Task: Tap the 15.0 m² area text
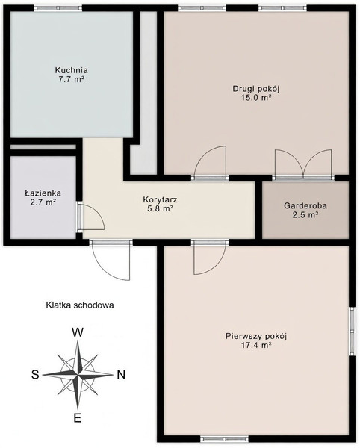256,98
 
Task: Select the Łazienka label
43,193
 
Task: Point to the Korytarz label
161,199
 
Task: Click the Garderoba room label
305,205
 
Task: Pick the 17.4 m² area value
256,345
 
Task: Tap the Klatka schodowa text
80,305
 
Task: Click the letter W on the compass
78,332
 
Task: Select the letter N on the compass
122,374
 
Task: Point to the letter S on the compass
35,374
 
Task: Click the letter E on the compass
78,418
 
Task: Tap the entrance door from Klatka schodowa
111,259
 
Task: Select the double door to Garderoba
303,165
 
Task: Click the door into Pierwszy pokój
210,257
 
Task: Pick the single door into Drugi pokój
211,163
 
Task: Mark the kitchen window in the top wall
58,8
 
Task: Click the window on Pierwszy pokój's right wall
352,332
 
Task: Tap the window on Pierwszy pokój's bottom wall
224,438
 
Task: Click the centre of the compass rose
78,374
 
